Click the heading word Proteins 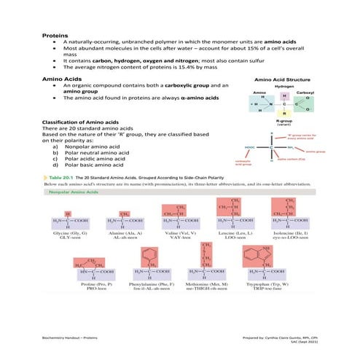pyautogui.click(x=55, y=34)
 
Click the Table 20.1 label pyautogui.click(x=61, y=177)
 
